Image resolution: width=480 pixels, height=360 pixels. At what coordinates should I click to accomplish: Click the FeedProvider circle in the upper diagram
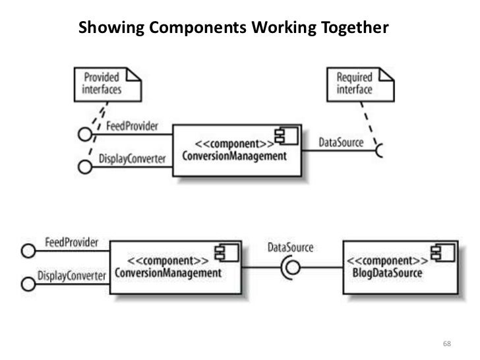84,135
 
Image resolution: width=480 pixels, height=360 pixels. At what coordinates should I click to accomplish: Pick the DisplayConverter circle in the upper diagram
84,167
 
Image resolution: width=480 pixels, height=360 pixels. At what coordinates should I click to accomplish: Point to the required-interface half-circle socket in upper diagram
380,151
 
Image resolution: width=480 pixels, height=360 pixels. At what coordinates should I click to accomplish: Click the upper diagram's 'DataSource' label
340,142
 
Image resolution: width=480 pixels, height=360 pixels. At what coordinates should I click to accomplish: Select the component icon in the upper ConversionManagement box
287,136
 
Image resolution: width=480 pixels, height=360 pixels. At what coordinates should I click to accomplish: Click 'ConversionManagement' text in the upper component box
235,156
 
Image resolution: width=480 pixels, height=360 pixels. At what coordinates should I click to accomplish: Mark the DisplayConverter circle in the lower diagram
28,284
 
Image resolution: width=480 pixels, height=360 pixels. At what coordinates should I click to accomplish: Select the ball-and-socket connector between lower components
291,267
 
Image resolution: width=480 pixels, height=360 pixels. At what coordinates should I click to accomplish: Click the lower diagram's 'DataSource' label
291,248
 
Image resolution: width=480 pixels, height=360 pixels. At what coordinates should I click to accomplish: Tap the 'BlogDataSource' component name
384,272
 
